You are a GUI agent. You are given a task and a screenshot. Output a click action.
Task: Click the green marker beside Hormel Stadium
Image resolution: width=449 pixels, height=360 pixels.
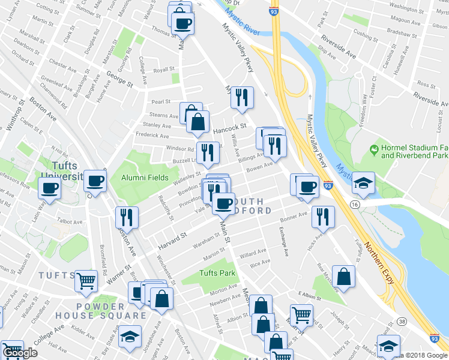tap(374, 148)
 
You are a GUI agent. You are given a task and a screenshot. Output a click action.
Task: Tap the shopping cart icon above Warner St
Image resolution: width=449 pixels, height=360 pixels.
tap(86, 280)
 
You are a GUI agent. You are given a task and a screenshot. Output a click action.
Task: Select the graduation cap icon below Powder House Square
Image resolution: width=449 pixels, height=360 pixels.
tap(129, 337)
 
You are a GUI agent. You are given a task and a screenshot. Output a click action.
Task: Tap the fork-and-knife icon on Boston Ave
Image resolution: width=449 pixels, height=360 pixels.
tap(127, 216)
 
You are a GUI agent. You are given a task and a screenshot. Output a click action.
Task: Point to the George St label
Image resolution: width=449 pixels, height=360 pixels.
tap(119, 78)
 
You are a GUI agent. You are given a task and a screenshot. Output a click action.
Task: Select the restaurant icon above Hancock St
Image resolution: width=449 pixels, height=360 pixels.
tap(242, 97)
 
